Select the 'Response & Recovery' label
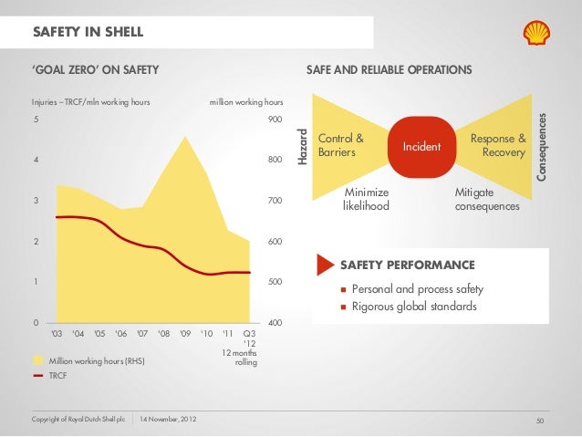click(x=498, y=145)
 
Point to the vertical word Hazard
click(x=306, y=146)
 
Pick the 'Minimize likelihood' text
click(x=366, y=199)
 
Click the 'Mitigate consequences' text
click(x=486, y=199)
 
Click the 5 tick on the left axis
click(x=36, y=120)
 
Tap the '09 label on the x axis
click(x=185, y=333)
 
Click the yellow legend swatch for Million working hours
click(x=38, y=361)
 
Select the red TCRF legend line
click(x=38, y=374)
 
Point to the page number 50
click(x=540, y=420)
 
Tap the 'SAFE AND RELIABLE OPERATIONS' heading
click(x=389, y=69)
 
